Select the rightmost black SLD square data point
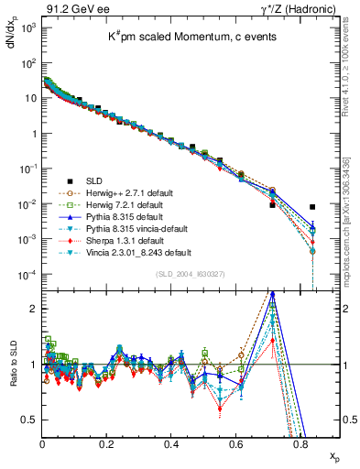click(312, 207)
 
